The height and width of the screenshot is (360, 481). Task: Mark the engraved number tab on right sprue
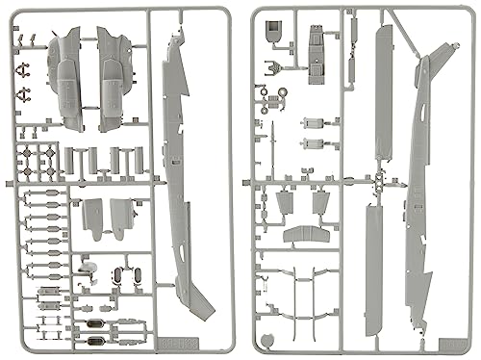click(453, 338)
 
